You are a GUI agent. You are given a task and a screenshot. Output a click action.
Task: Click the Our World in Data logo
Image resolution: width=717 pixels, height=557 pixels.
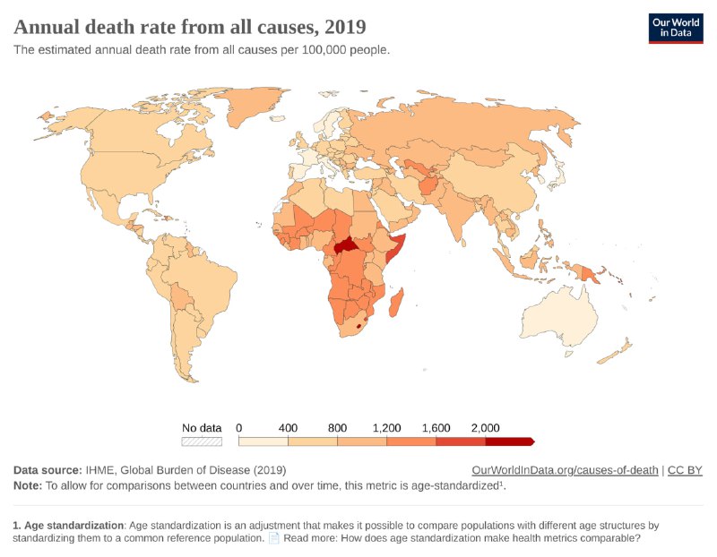point(676,28)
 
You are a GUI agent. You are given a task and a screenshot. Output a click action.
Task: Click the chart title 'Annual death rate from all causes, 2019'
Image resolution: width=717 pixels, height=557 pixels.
point(189,25)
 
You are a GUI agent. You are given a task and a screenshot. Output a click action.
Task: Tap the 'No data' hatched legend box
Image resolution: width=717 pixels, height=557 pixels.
point(201,441)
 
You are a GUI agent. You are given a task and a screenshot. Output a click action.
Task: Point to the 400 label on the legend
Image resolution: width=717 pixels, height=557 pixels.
point(288,428)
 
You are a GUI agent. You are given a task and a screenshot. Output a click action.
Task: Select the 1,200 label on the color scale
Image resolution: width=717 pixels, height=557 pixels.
point(386,428)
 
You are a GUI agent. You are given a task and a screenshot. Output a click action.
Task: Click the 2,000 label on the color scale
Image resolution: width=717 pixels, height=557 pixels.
point(485,428)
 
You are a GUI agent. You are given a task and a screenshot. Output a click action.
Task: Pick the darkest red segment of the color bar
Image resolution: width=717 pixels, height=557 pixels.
point(508,441)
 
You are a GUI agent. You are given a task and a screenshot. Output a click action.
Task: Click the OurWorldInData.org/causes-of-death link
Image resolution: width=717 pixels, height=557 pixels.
point(565,470)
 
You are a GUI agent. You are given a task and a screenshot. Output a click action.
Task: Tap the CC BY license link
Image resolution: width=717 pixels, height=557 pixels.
point(685,470)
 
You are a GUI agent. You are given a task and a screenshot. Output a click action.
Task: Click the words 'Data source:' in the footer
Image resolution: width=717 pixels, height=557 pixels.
point(47,470)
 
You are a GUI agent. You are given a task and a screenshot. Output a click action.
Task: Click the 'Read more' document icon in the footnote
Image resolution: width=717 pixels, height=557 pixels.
point(274,538)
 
